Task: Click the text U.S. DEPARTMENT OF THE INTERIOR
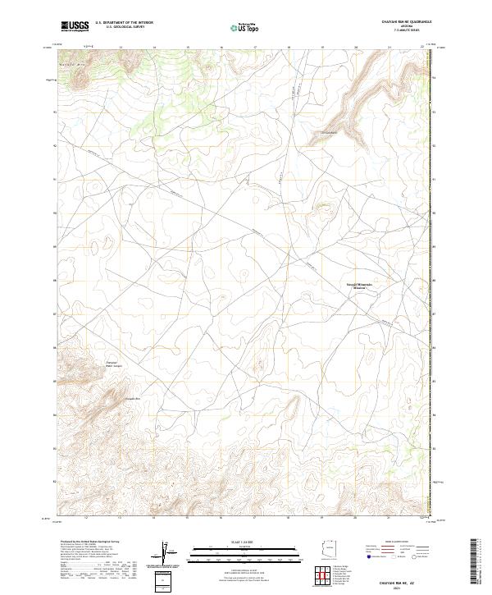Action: point(124,23)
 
